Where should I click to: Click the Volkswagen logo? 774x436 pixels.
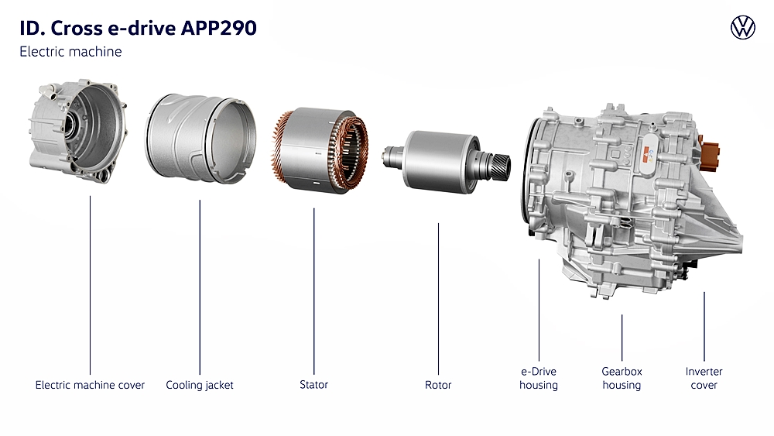click(742, 27)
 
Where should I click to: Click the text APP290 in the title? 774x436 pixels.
click(219, 28)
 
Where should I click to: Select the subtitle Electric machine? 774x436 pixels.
click(70, 51)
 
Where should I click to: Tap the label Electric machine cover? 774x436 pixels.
click(90, 385)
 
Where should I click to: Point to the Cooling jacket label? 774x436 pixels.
click(200, 385)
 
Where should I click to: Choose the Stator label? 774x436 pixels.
click(313, 384)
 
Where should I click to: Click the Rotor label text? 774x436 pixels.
click(438, 385)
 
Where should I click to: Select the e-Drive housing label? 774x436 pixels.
click(539, 378)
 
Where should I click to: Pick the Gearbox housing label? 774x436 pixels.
click(622, 378)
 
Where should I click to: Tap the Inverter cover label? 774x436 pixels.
click(704, 378)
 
